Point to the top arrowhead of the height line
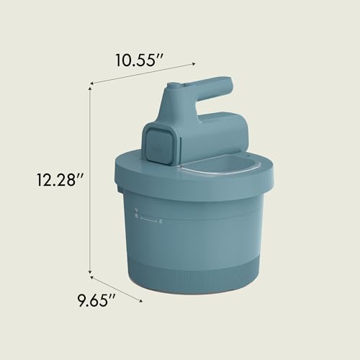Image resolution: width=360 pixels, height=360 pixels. coord(90,87)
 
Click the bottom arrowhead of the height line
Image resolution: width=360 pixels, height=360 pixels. coord(90,274)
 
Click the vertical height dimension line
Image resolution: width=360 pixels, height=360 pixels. coord(90,180)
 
